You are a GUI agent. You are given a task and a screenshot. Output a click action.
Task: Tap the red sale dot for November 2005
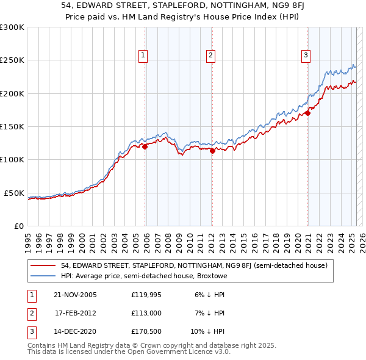click(145, 146)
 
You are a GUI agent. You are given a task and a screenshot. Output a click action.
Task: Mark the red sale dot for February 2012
click(212, 151)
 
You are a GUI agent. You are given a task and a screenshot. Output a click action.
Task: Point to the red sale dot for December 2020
click(308, 113)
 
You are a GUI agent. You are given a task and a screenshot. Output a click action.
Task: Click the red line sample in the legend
click(43, 265)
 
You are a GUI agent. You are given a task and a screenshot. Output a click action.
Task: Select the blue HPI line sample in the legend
click(43, 276)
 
